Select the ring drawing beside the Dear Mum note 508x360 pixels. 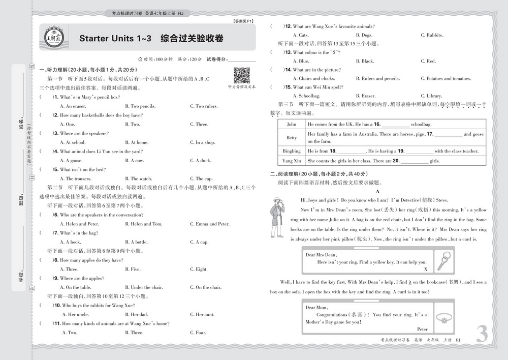[446, 319]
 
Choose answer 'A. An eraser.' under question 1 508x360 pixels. [73, 106]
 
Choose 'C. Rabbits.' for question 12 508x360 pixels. [432, 35]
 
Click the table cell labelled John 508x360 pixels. [291, 124]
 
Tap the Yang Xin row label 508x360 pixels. [291, 161]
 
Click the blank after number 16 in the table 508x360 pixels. [395, 125]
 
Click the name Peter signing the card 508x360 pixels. [422, 329]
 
